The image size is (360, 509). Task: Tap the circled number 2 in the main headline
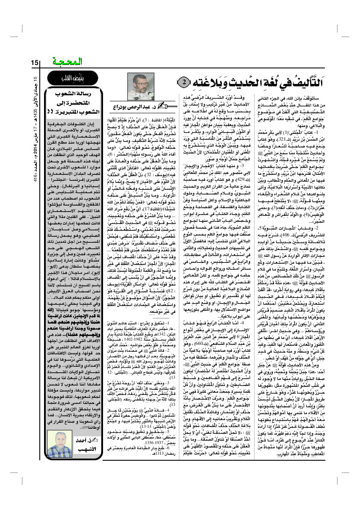(x=182, y=81)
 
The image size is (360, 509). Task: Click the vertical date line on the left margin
(x=35, y=128)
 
